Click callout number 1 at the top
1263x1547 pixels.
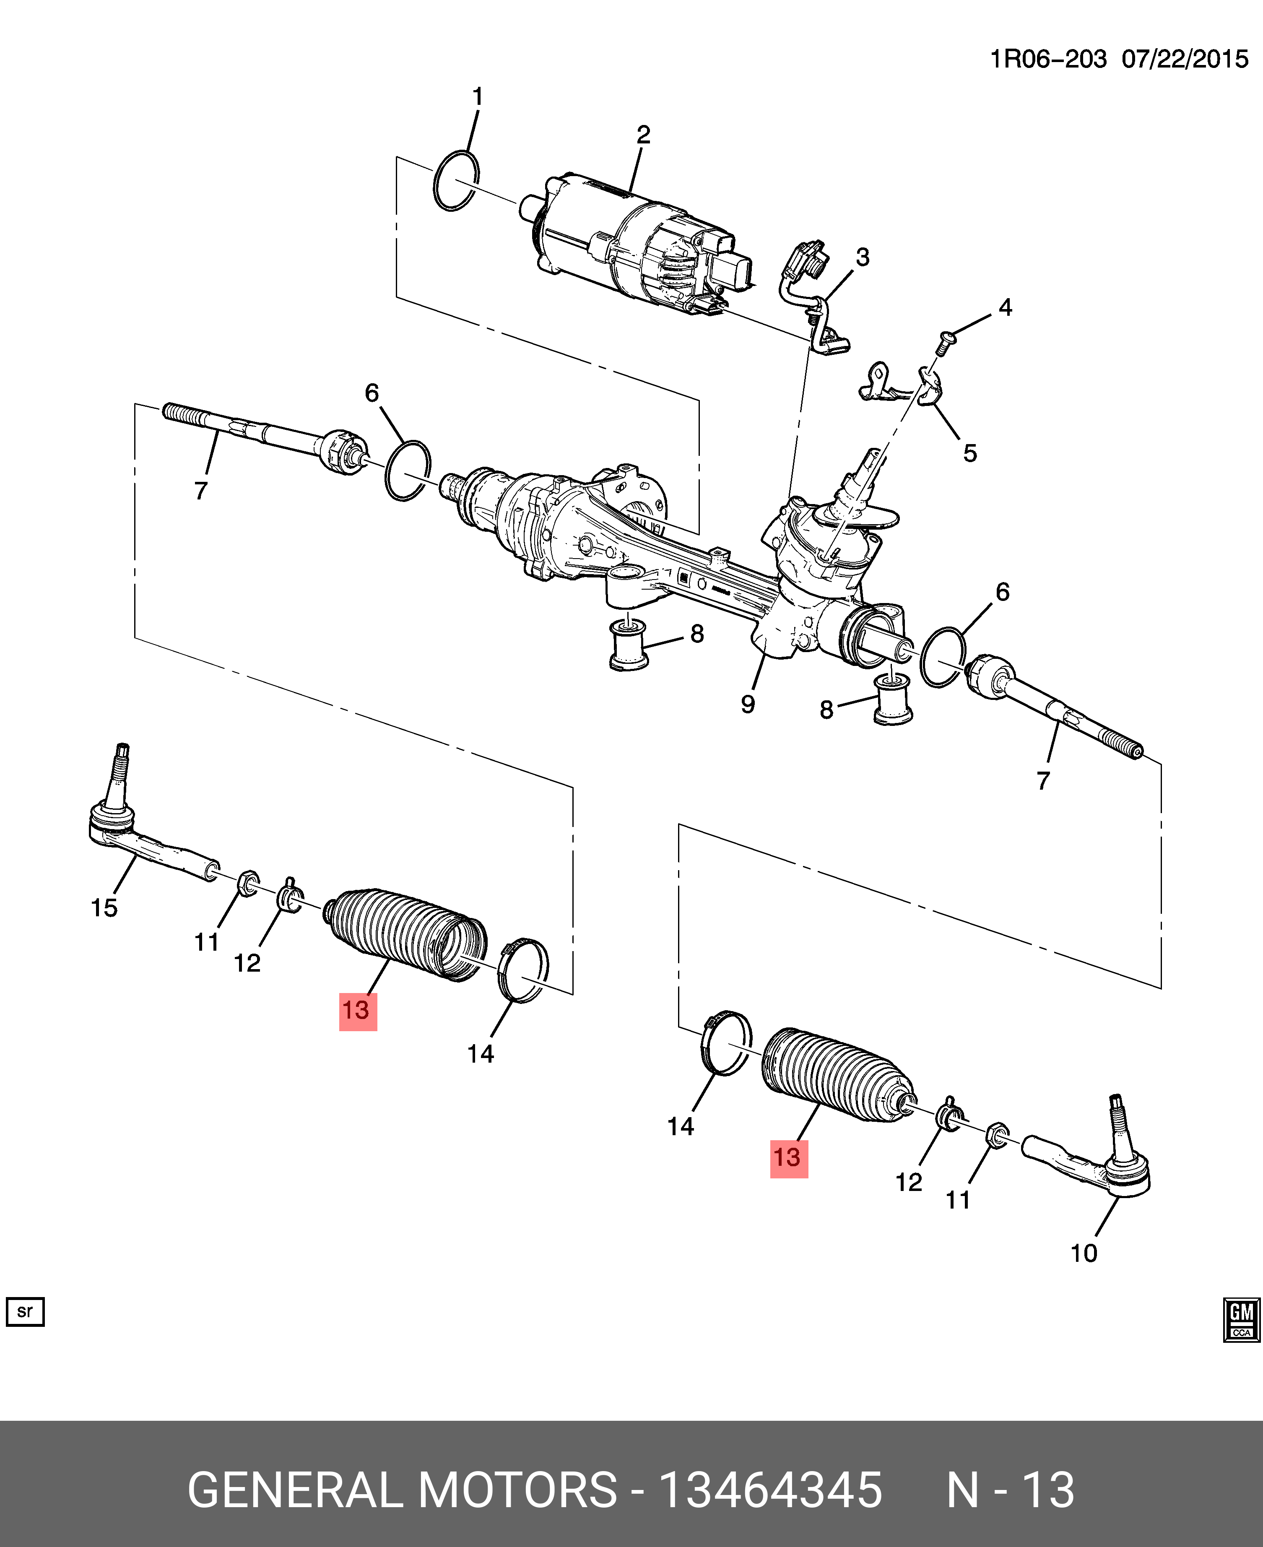coord(478,96)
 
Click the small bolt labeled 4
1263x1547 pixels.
coord(943,341)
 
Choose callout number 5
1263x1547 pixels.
coord(970,452)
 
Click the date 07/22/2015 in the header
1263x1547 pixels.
coord(1185,59)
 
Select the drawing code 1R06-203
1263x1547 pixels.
coord(1048,59)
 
